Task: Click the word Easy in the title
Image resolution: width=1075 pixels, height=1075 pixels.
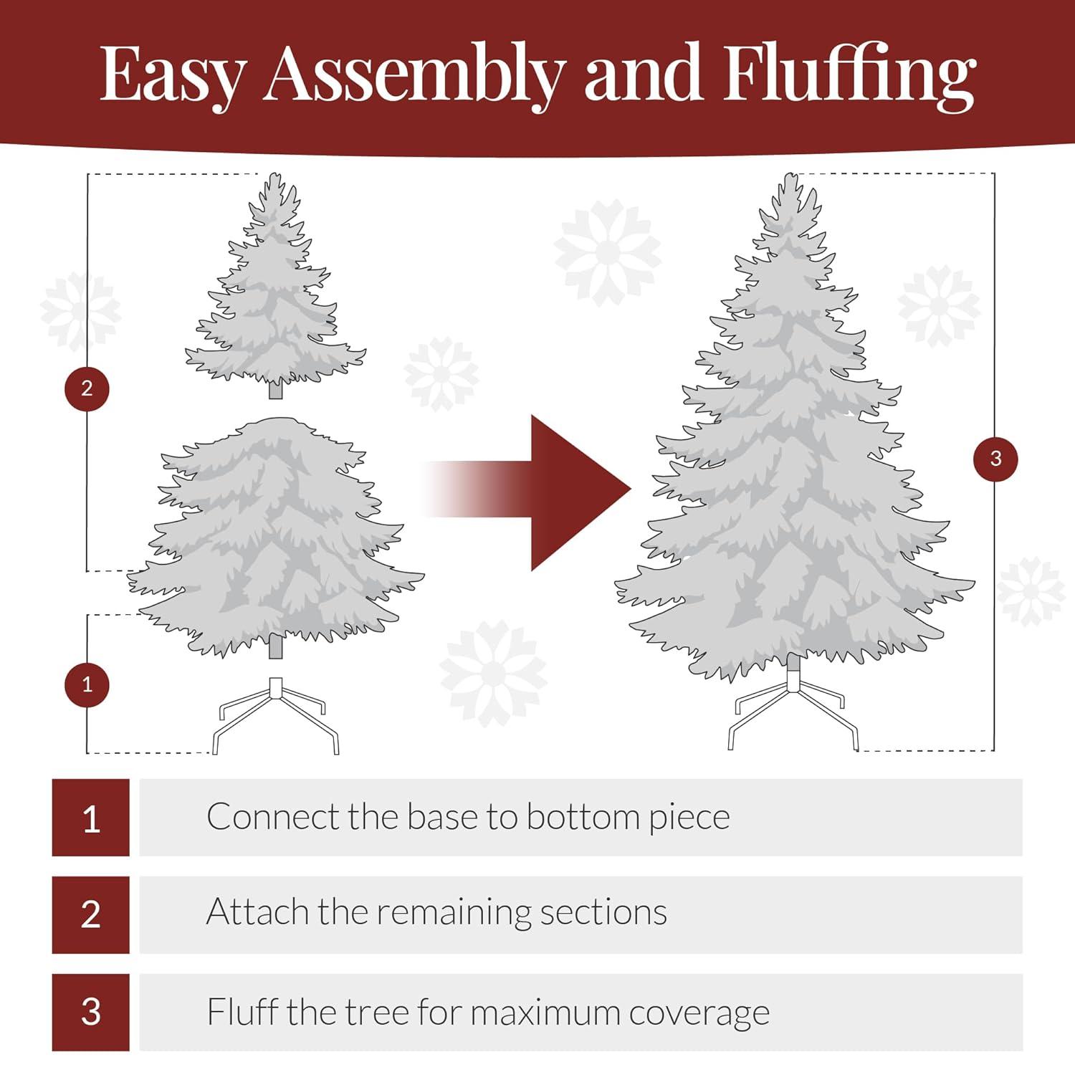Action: tap(172, 75)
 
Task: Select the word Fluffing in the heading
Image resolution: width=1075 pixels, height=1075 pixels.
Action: tap(849, 75)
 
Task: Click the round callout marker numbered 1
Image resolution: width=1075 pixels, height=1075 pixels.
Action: tap(87, 684)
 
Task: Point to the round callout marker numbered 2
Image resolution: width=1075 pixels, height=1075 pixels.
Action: tap(87, 388)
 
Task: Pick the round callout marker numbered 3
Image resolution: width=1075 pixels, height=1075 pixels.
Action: tap(995, 459)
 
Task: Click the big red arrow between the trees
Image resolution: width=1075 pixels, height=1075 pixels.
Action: tap(566, 492)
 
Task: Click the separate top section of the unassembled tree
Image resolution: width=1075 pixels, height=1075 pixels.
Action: tap(276, 294)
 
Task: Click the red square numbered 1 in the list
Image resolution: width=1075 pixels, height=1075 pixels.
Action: tap(91, 818)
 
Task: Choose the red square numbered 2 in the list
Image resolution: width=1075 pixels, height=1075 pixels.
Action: tap(91, 914)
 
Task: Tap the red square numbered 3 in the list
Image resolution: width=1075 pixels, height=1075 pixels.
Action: tap(91, 1012)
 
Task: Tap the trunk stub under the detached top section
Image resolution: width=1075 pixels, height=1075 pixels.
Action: tap(276, 391)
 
